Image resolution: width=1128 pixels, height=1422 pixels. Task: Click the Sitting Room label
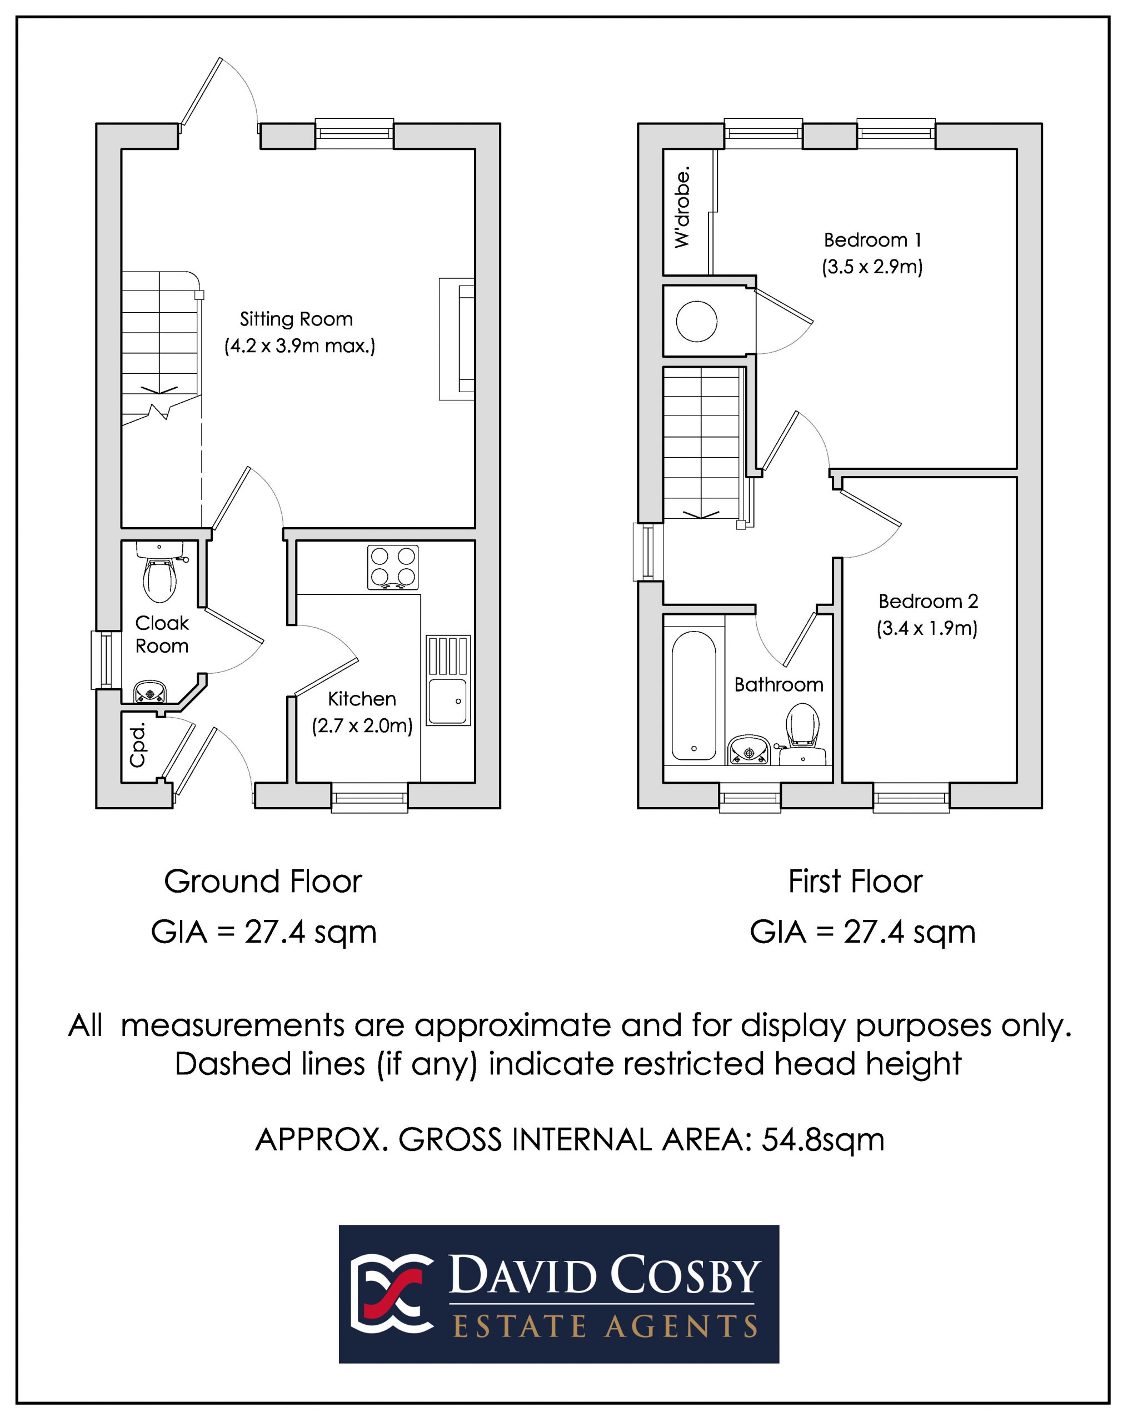(x=296, y=319)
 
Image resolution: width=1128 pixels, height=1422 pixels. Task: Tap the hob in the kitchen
(x=392, y=567)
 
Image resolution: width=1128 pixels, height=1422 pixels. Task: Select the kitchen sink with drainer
(x=448, y=680)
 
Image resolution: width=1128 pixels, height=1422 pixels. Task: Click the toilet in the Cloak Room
(x=159, y=571)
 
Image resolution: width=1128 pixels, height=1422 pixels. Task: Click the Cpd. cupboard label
(x=137, y=745)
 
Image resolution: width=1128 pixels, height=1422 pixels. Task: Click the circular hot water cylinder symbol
(x=697, y=321)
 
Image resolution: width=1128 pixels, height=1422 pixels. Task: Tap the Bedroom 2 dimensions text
(x=927, y=628)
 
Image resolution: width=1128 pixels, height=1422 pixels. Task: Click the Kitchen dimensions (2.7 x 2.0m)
(x=362, y=725)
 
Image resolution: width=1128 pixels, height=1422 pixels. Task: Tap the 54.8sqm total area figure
(x=822, y=1139)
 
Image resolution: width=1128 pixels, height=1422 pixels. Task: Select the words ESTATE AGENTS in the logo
(x=605, y=1326)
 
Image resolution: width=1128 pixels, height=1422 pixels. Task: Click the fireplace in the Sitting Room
(x=457, y=339)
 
